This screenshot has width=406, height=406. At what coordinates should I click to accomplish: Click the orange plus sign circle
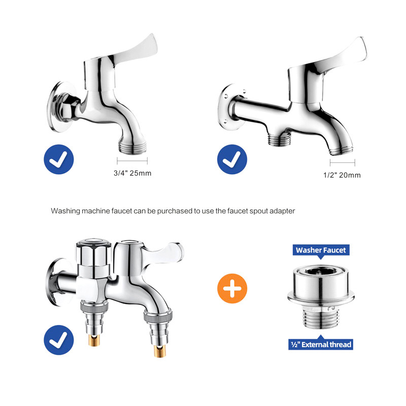[232, 288]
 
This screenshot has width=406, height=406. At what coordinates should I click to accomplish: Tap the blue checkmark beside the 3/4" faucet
[59, 159]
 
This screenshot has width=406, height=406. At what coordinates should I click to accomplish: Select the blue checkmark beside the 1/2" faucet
[232, 159]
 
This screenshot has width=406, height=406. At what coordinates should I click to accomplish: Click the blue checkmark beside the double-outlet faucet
[59, 340]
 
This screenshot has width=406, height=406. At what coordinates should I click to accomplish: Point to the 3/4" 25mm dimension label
[132, 173]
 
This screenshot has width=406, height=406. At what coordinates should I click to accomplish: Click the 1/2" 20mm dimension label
[342, 175]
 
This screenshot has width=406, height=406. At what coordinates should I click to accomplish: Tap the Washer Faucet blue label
[321, 250]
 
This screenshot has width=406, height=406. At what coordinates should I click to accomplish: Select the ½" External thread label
[321, 345]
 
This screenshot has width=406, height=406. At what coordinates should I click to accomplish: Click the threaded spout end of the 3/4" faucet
[132, 147]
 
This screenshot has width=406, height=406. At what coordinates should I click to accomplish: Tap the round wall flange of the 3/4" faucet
[58, 107]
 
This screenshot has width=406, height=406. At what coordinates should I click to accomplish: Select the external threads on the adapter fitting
[321, 319]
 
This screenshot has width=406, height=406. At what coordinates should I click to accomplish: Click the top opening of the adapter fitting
[321, 271]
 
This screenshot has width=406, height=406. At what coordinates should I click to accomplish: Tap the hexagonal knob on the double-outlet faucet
[93, 253]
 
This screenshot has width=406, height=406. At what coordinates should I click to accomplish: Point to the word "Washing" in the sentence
[65, 211]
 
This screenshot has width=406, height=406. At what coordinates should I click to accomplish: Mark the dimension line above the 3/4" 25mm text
[132, 160]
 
